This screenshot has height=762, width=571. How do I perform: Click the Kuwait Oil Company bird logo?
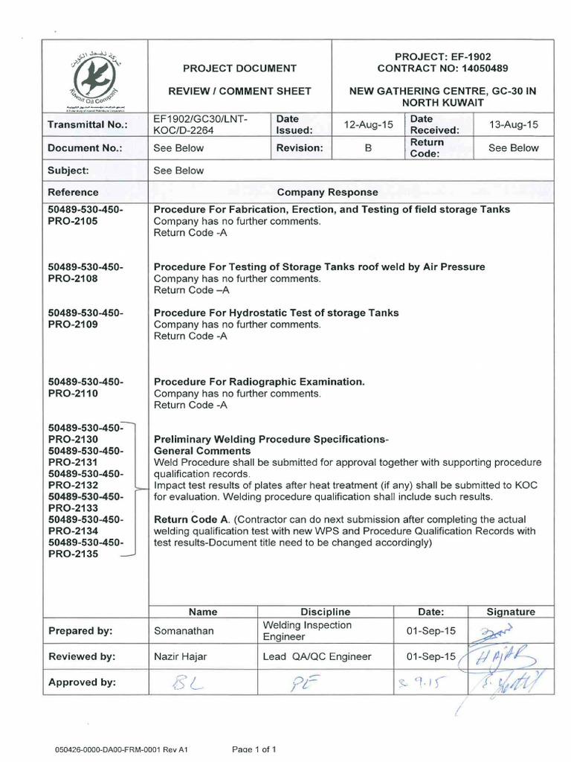(x=95, y=76)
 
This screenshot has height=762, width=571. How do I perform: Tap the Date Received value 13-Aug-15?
(x=513, y=124)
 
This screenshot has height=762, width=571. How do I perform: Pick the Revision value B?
(x=367, y=148)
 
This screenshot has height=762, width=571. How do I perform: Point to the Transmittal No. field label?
(x=88, y=124)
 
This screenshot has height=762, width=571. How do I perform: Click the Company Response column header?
(x=327, y=192)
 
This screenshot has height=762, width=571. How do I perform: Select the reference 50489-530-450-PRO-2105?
(x=84, y=215)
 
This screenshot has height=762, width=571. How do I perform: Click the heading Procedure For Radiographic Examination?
(x=259, y=382)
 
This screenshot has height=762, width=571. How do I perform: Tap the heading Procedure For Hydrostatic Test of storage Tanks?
(x=276, y=313)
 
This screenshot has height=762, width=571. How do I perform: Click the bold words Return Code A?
(x=189, y=519)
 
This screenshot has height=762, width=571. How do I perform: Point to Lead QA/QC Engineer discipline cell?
(x=317, y=656)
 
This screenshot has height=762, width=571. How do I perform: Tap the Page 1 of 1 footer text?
(x=254, y=749)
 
